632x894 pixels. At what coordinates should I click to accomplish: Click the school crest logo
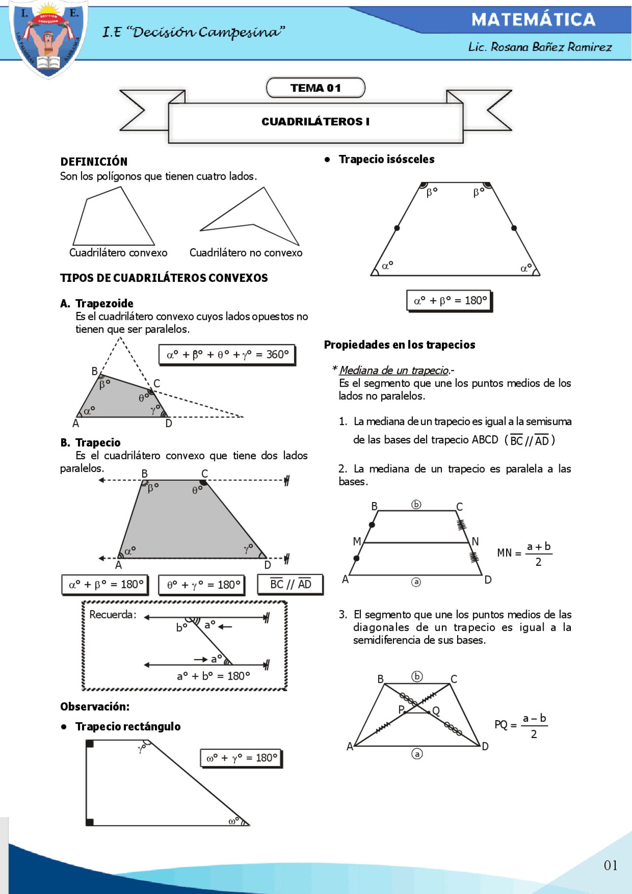48,39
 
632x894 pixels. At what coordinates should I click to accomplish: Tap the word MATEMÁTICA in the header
533,20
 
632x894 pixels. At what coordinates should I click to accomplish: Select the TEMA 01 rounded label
316,88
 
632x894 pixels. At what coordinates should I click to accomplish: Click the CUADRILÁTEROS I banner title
316,121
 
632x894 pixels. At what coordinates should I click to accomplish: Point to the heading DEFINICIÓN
94,162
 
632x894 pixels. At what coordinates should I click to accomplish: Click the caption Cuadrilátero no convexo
246,253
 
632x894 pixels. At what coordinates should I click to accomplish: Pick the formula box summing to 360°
227,354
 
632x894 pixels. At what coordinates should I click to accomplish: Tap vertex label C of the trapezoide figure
157,383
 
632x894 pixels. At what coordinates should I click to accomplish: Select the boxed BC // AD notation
290,584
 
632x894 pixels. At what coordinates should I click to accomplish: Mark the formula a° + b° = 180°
213,676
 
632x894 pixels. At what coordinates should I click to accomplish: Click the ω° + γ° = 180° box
241,758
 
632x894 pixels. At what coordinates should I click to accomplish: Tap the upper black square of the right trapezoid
90,743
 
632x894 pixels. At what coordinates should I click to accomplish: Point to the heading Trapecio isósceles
387,159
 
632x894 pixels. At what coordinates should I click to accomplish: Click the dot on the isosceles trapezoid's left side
397,228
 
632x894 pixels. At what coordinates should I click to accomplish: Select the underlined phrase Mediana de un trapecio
394,370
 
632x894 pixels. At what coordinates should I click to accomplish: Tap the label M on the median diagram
357,542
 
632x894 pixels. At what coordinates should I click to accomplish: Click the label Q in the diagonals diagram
436,711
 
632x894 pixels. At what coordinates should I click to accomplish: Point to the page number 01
610,865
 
